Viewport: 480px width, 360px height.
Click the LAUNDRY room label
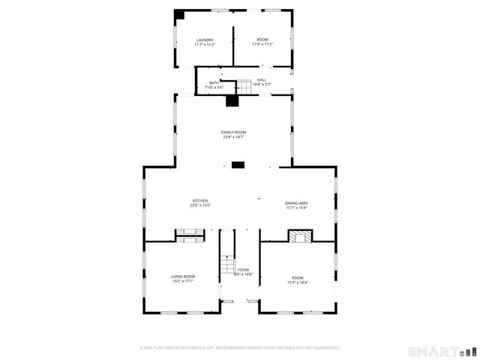pyautogui.click(x=205, y=40)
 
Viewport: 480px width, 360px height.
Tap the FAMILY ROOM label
pyautogui.click(x=233, y=132)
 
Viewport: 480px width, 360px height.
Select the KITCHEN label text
pyautogui.click(x=200, y=200)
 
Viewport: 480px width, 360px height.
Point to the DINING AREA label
pyautogui.click(x=296, y=203)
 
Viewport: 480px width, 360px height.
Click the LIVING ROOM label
pyautogui.click(x=183, y=277)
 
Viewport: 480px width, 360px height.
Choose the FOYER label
pyautogui.click(x=243, y=270)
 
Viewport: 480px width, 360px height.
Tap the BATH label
pyautogui.click(x=214, y=82)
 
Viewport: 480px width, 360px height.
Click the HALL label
pyautogui.click(x=262, y=79)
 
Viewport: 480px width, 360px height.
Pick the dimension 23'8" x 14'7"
pyautogui.click(x=233, y=137)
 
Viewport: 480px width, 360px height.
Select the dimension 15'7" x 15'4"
pyautogui.click(x=296, y=208)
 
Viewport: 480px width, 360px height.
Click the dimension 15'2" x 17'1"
pyautogui.click(x=183, y=281)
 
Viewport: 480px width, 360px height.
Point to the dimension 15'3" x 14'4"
pyautogui.click(x=298, y=281)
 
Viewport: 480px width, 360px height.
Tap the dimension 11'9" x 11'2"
pyautogui.click(x=262, y=44)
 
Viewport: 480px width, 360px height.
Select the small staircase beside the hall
pyautogui.click(x=244, y=85)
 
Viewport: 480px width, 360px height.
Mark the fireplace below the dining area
pyautogui.click(x=299, y=237)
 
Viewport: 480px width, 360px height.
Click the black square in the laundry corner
pyautogui.click(x=180, y=14)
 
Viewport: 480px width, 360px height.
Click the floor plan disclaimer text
pyautogui.click(x=240, y=348)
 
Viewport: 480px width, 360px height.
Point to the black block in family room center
pyautogui.click(x=238, y=165)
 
